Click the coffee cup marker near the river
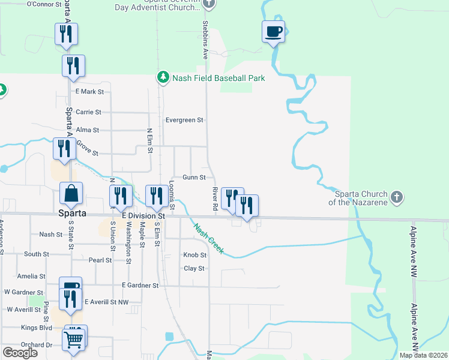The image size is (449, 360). (x=273, y=31)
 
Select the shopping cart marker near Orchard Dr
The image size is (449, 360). (x=74, y=338)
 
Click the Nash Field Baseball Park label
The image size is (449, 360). (x=218, y=78)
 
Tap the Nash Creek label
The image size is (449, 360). (x=208, y=238)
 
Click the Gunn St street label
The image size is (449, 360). (x=194, y=178)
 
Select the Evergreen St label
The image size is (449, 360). (x=185, y=120)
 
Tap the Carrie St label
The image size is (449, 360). (x=88, y=112)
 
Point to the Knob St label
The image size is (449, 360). (x=194, y=255)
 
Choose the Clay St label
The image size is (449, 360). (x=194, y=268)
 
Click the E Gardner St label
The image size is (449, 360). (x=139, y=286)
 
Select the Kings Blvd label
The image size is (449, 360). (x=37, y=328)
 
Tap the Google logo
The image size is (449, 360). (x=20, y=353)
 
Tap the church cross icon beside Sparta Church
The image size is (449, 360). (x=396, y=197)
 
